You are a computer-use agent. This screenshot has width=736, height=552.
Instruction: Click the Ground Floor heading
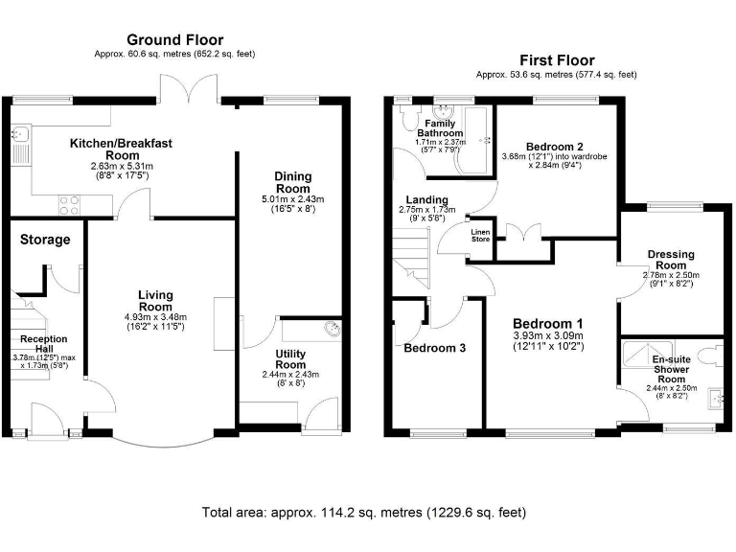pos(175,40)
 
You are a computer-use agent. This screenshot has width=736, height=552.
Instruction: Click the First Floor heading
pos(557,60)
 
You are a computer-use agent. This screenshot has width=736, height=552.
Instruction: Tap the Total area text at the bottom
pos(364,513)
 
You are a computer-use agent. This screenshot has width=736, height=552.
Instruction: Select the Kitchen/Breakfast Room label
pos(121,149)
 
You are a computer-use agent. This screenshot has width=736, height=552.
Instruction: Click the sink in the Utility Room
pos(331,330)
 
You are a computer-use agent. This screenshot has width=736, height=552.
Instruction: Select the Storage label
pos(44,240)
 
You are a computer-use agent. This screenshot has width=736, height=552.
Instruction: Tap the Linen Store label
pos(480,235)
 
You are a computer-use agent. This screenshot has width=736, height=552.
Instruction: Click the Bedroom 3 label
pos(434,348)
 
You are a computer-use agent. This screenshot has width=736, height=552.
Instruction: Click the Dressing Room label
pos(671,260)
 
